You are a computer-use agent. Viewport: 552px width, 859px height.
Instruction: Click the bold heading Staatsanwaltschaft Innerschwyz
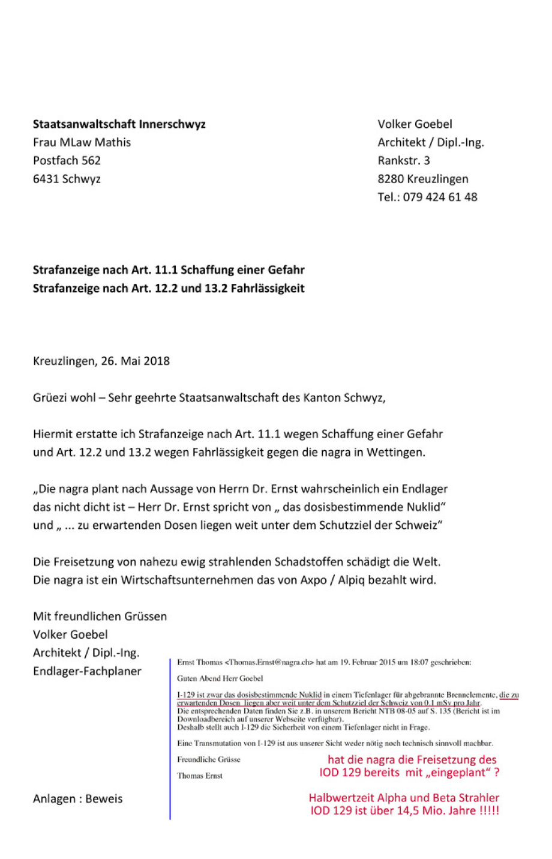[119, 124]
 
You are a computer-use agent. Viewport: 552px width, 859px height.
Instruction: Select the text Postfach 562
[67, 160]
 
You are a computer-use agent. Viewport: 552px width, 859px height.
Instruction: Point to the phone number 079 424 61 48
[440, 197]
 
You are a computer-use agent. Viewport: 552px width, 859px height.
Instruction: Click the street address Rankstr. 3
[403, 160]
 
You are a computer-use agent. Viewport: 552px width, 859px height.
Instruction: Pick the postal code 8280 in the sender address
[391, 179]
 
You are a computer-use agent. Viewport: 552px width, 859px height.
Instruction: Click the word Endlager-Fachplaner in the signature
[87, 671]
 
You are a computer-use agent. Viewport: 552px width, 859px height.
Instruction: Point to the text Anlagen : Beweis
[77, 798]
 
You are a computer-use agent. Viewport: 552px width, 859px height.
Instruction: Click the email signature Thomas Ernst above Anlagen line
[199, 776]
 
